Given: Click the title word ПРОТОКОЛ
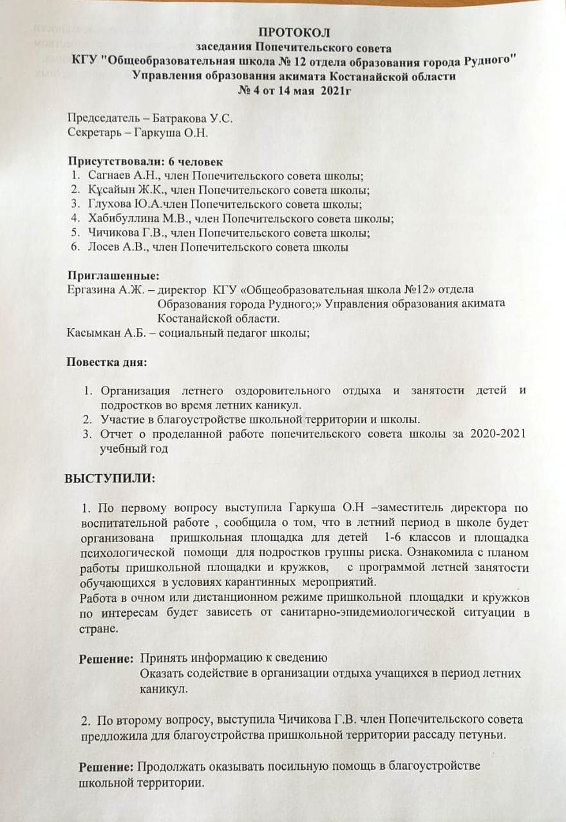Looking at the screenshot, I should (294, 33).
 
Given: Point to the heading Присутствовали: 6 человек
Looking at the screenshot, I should (146, 162).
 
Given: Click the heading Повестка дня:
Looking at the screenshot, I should (107, 361).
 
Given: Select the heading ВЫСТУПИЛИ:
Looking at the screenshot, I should (109, 480).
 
